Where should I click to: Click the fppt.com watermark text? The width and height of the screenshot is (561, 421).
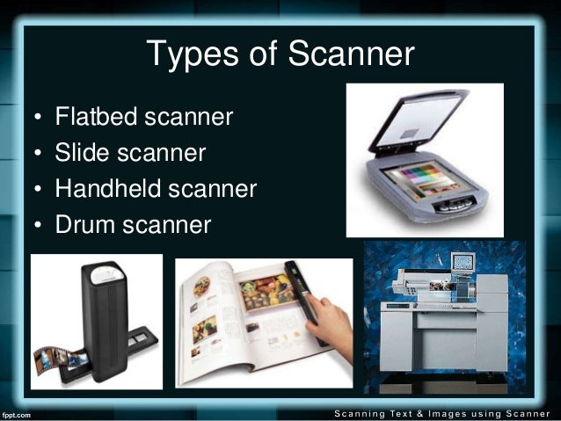pos(17,412)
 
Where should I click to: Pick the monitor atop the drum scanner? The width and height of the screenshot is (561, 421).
pos(461,263)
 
